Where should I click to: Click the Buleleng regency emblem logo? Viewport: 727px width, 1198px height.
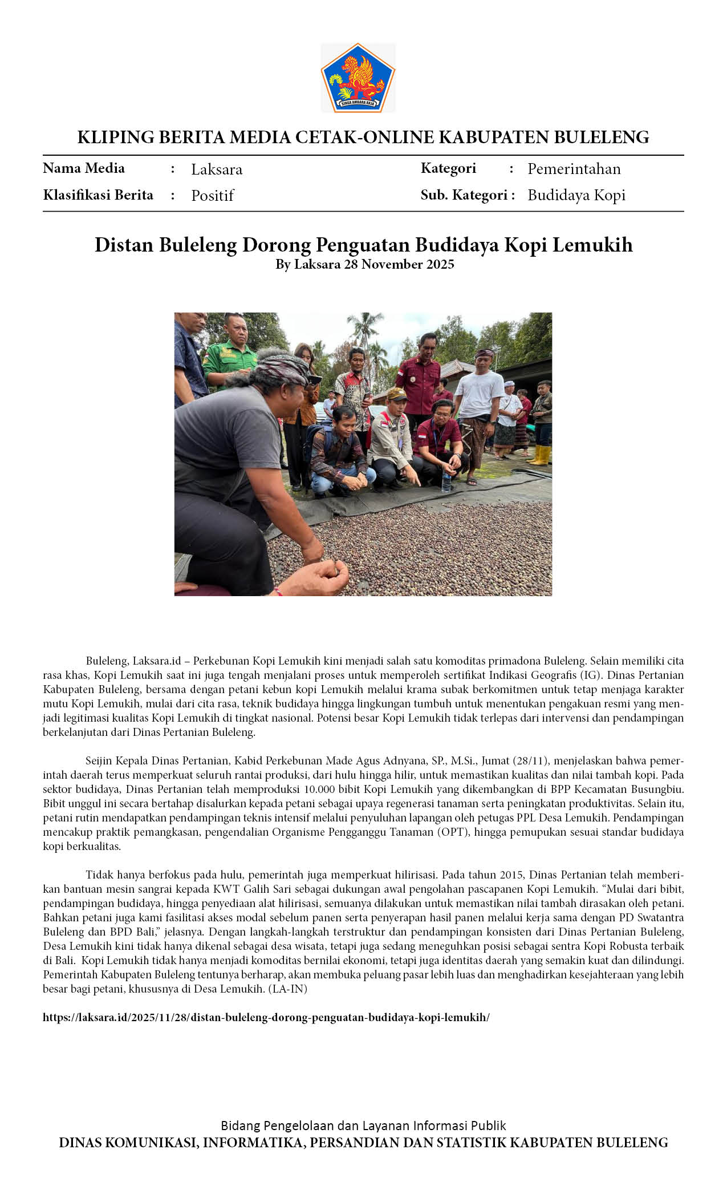[358, 78]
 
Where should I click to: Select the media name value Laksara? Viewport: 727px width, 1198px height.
[217, 169]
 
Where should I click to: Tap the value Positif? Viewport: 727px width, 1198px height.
[212, 196]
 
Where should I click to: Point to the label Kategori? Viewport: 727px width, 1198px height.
[448, 168]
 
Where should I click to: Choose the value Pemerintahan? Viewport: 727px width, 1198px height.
[574, 169]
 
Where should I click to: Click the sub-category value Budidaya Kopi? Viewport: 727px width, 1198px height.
[576, 195]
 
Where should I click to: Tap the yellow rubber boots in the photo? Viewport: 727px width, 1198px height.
[541, 455]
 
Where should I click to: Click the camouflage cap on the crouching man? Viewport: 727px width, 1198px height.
[397, 394]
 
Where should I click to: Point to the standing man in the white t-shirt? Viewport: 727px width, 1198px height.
[480, 399]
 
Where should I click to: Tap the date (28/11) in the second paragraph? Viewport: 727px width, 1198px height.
[530, 761]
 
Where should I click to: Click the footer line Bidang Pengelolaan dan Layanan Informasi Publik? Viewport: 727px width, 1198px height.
[363, 1126]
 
